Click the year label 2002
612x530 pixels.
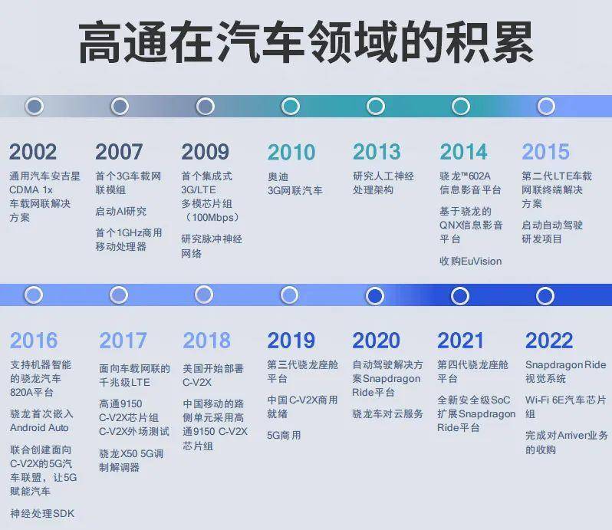point(33,152)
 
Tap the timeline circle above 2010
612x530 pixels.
point(291,106)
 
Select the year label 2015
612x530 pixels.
point(545,152)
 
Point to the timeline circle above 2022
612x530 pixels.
point(545,296)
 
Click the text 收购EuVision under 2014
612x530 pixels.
point(470,261)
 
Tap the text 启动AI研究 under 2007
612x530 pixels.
point(121,211)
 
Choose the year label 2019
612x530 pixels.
point(291,341)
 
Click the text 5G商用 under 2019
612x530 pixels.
point(284,435)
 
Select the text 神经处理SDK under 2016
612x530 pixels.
point(42,513)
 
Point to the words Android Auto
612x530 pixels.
point(39,428)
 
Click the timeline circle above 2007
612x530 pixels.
point(120,106)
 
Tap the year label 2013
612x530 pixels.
point(377,152)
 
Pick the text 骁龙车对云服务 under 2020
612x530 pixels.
point(387,413)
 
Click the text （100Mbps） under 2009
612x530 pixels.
point(212,217)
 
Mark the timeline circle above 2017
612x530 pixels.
point(119,295)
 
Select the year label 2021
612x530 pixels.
point(461,341)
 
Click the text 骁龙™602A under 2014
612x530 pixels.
point(466,176)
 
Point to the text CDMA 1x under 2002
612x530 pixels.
point(31,190)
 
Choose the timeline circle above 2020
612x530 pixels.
point(376,296)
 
